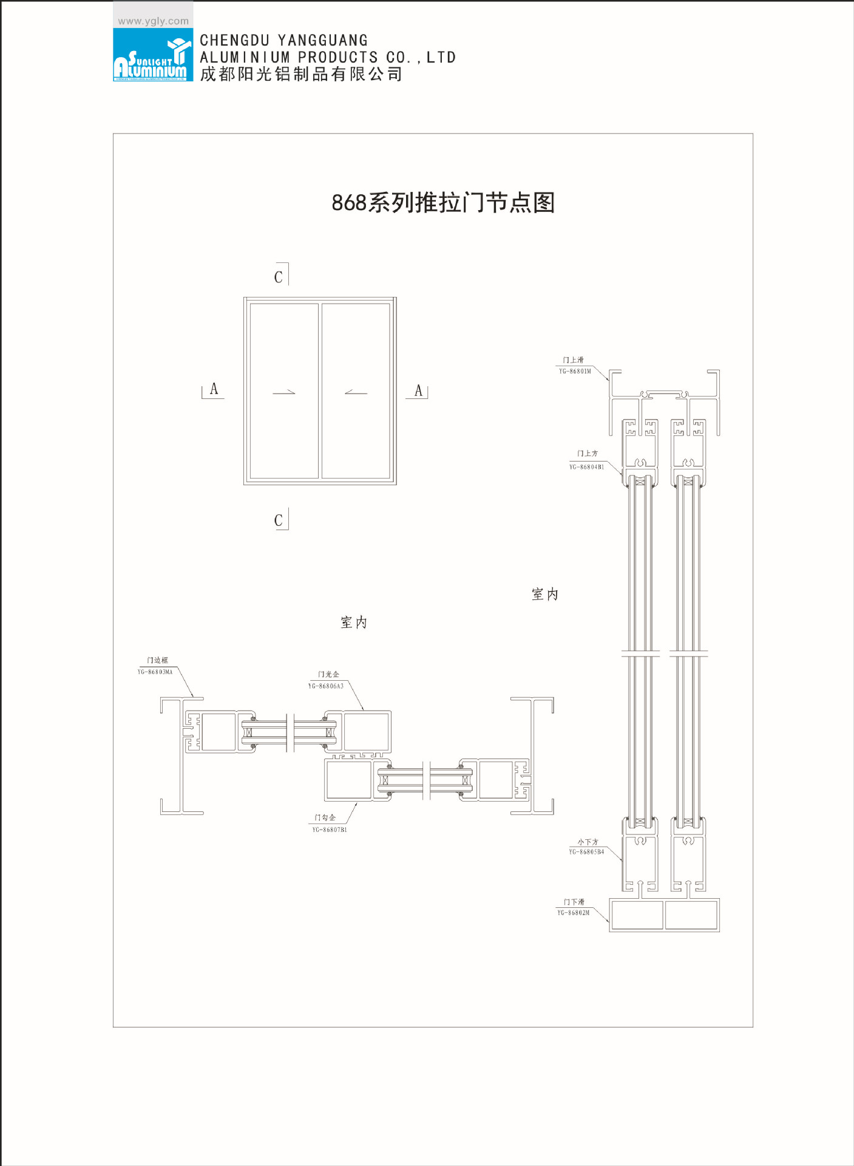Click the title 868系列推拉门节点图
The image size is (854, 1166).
tap(443, 203)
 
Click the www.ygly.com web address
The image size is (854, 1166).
tap(153, 21)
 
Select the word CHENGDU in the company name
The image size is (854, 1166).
tap(234, 41)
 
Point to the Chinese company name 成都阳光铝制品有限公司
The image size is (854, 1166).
tap(301, 75)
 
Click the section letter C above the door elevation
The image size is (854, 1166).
tap(279, 277)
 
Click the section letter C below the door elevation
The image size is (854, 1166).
tap(279, 520)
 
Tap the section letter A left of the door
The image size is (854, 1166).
tap(214, 389)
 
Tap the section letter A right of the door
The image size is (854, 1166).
tap(418, 391)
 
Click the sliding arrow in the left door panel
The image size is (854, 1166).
tap(284, 393)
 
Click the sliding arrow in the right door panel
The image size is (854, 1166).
tap(356, 393)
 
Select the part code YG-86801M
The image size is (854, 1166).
tap(575, 371)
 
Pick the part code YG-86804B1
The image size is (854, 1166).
tap(586, 467)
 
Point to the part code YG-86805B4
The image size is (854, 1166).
tap(586, 852)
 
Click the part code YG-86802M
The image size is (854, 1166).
tap(574, 913)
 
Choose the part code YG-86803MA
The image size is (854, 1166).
tap(155, 672)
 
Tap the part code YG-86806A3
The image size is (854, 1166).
tap(326, 686)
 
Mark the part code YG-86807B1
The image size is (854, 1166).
tap(330, 830)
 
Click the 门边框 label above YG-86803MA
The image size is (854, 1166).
tap(157, 660)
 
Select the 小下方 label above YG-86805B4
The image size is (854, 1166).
tap(588, 842)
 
